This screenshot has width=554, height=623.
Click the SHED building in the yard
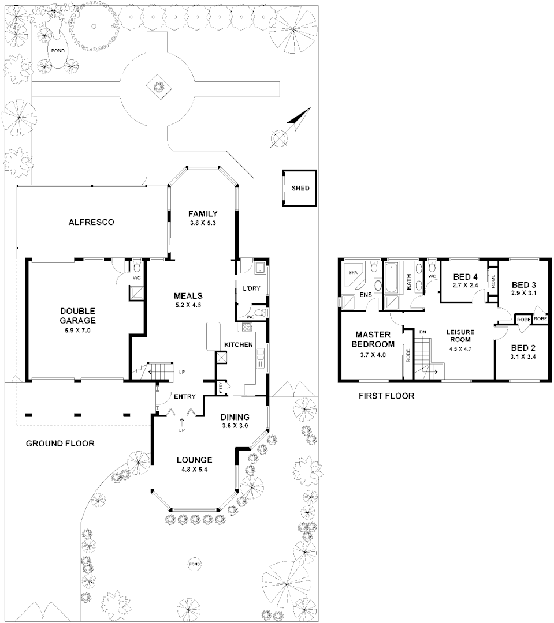click(x=299, y=188)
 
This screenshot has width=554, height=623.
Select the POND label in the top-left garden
click(x=58, y=51)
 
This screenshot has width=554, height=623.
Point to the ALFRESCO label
click(x=91, y=222)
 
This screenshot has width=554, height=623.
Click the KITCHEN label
click(x=239, y=344)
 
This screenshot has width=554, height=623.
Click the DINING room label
click(x=235, y=417)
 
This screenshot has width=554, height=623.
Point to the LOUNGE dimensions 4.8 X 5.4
click(x=194, y=470)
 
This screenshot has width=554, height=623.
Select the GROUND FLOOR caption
click(x=60, y=444)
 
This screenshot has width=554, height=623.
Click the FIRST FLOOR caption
click(x=386, y=396)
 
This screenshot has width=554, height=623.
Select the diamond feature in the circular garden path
click(x=157, y=87)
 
